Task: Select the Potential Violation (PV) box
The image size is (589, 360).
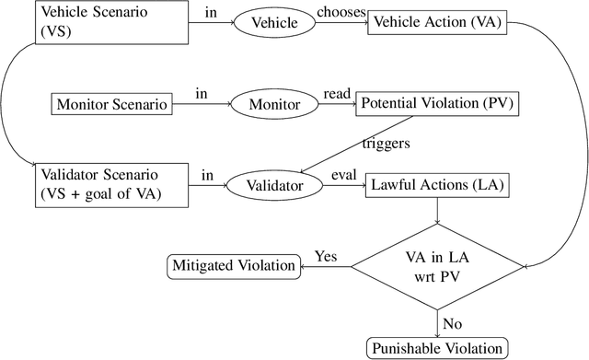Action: click(437, 104)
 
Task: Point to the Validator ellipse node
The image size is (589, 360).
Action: click(273, 184)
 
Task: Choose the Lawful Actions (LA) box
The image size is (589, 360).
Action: click(436, 185)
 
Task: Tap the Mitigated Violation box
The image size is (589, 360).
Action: click(234, 267)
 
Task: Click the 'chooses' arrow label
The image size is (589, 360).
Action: click(342, 12)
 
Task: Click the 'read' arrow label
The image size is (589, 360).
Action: click(334, 94)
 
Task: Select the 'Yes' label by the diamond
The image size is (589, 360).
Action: click(326, 255)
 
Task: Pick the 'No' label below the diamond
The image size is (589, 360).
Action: click(452, 323)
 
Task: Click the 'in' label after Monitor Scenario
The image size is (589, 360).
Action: click(200, 93)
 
